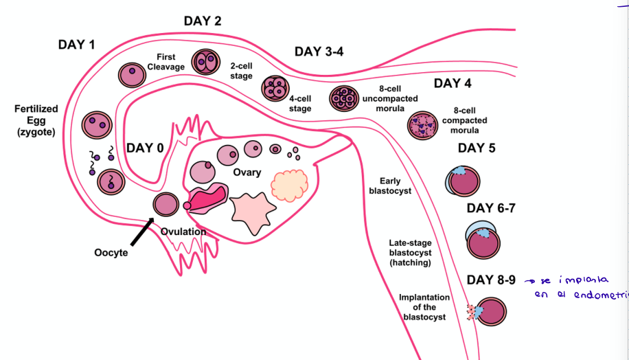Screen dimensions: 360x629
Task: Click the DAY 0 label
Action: point(145,148)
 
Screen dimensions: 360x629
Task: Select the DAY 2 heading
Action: point(202,21)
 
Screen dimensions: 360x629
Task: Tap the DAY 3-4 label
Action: point(319,52)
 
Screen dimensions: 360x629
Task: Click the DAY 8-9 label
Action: point(491,280)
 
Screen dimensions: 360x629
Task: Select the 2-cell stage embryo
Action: point(203,63)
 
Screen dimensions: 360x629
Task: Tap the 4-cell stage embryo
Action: point(276,88)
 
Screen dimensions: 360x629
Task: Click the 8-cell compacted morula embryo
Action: point(422,125)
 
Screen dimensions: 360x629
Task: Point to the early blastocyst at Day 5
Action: point(463,182)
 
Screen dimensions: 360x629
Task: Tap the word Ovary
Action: point(247,172)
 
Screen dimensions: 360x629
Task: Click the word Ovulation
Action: point(183,232)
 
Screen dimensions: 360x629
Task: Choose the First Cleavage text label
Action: point(165,62)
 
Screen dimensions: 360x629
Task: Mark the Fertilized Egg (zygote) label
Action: point(36,121)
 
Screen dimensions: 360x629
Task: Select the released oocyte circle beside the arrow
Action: point(165,205)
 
